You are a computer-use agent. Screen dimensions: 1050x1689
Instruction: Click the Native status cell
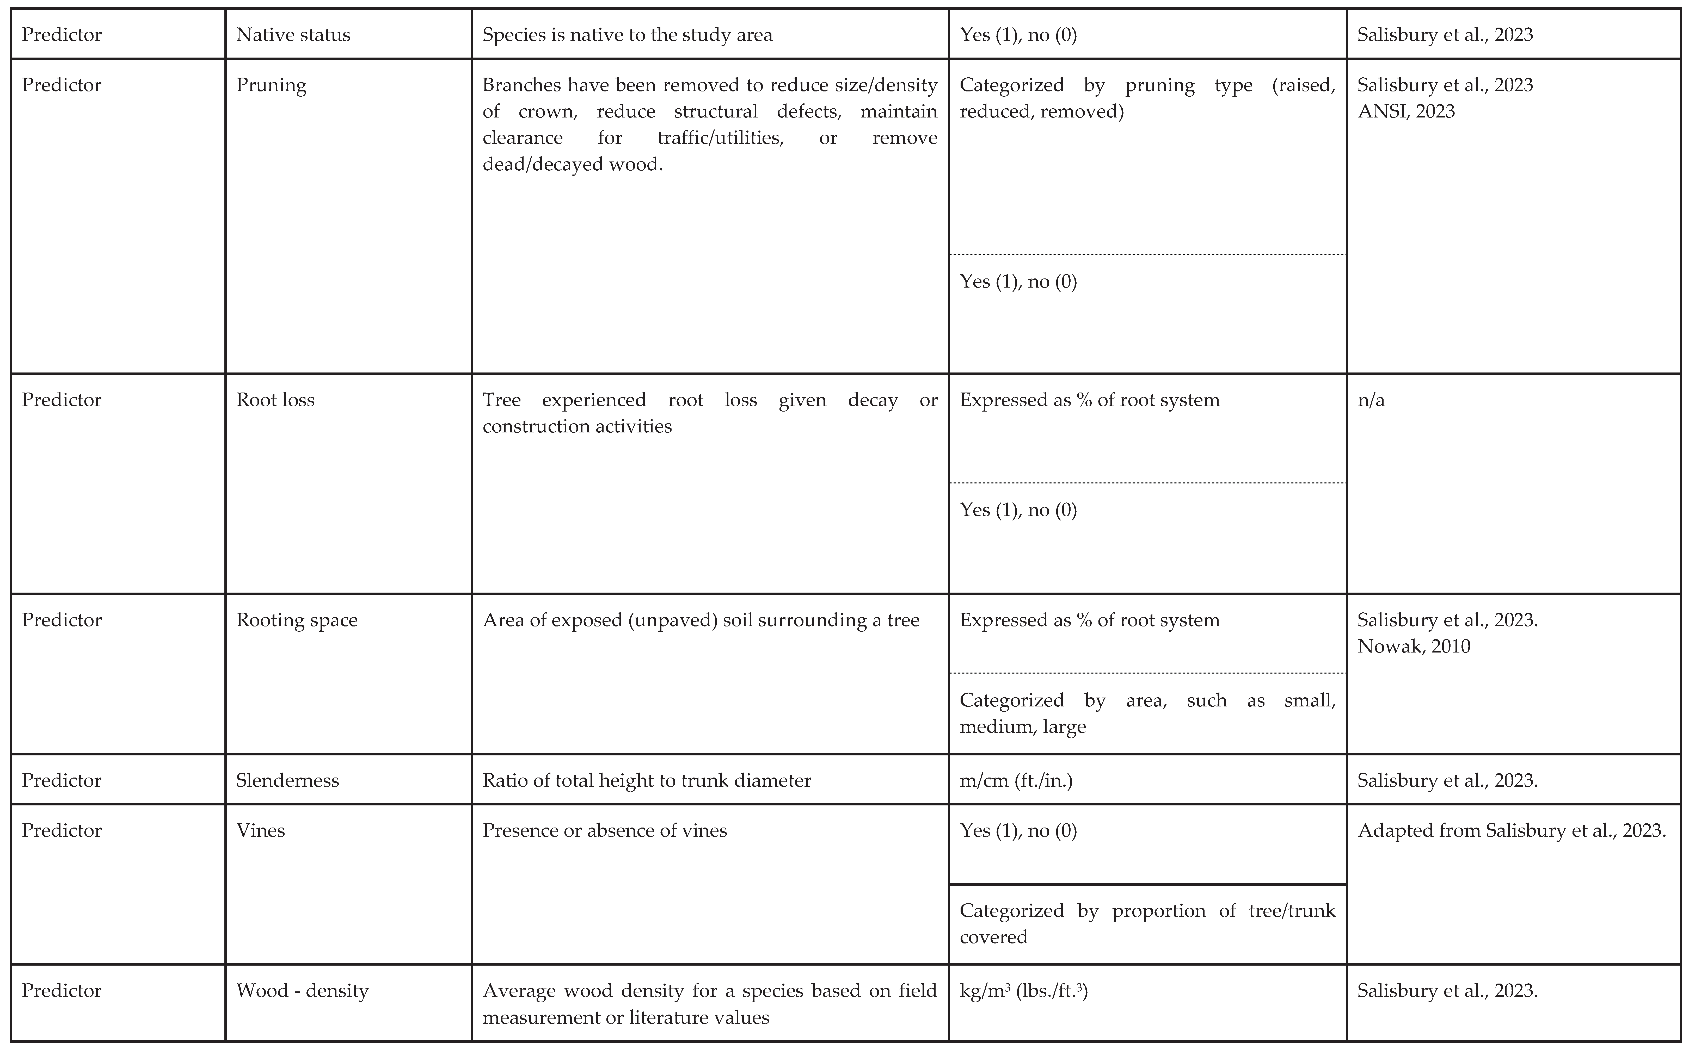point(293,35)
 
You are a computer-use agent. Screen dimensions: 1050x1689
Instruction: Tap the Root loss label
point(275,400)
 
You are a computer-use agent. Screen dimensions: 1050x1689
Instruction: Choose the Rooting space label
point(297,620)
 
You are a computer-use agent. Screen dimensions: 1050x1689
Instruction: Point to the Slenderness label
point(288,781)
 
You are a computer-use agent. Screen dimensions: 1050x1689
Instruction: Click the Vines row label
point(261,831)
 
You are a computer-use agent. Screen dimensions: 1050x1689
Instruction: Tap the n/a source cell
point(1371,400)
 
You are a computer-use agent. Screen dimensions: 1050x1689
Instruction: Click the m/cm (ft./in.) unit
point(1016,781)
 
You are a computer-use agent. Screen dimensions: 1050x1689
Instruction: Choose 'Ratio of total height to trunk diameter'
point(647,781)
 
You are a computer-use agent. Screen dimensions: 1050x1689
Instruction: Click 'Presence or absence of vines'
point(604,831)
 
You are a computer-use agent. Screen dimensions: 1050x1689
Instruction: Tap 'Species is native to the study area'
point(627,35)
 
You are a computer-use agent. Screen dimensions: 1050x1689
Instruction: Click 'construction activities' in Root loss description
point(577,426)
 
